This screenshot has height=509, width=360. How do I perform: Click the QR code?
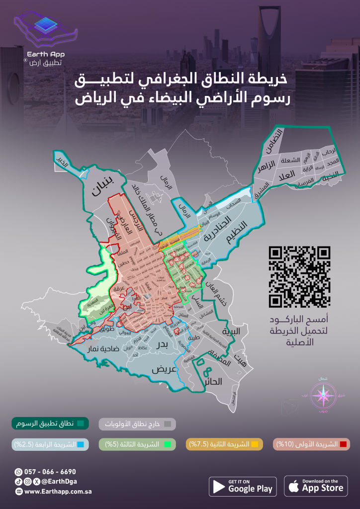click(x=299, y=276)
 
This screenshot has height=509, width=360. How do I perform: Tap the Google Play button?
click(x=243, y=486)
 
